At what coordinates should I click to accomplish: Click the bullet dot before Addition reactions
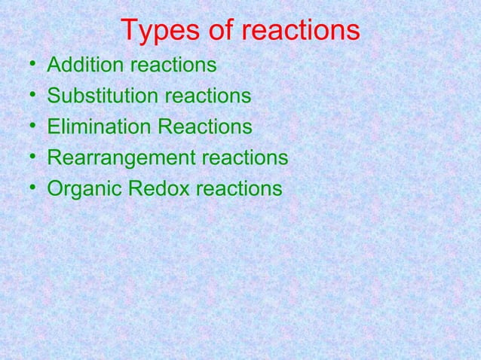point(27,67)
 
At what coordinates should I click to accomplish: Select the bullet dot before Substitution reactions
point(27,97)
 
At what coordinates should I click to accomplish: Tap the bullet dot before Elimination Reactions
point(27,128)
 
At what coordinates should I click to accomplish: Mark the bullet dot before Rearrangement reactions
point(27,159)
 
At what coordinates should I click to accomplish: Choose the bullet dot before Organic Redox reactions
point(27,189)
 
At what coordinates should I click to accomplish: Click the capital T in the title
point(129,32)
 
